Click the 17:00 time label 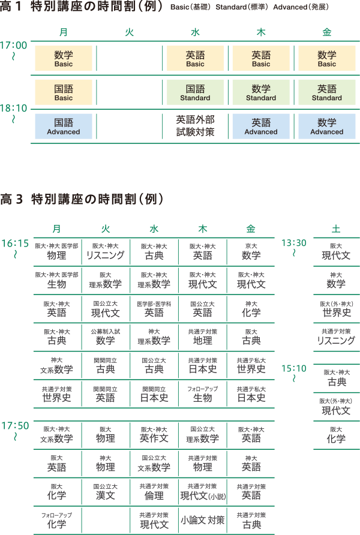[14, 45]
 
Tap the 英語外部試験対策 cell [195, 126]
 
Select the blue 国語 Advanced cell [64, 126]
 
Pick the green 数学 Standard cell [261, 92]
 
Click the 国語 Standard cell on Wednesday [195, 92]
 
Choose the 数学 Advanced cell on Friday [327, 126]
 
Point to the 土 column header [336, 229]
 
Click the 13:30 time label [294, 243]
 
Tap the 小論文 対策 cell [203, 521]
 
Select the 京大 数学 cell [251, 252]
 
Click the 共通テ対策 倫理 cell [154, 492]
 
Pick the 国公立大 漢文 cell [106, 492]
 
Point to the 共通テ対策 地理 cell [203, 337]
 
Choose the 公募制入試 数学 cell [106, 337]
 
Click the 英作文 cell [154, 435]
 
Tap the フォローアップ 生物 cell [203, 394]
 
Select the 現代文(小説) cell [203, 492]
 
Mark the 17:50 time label [15, 426]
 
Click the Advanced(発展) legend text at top [301, 7]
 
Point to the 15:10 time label [294, 368]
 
